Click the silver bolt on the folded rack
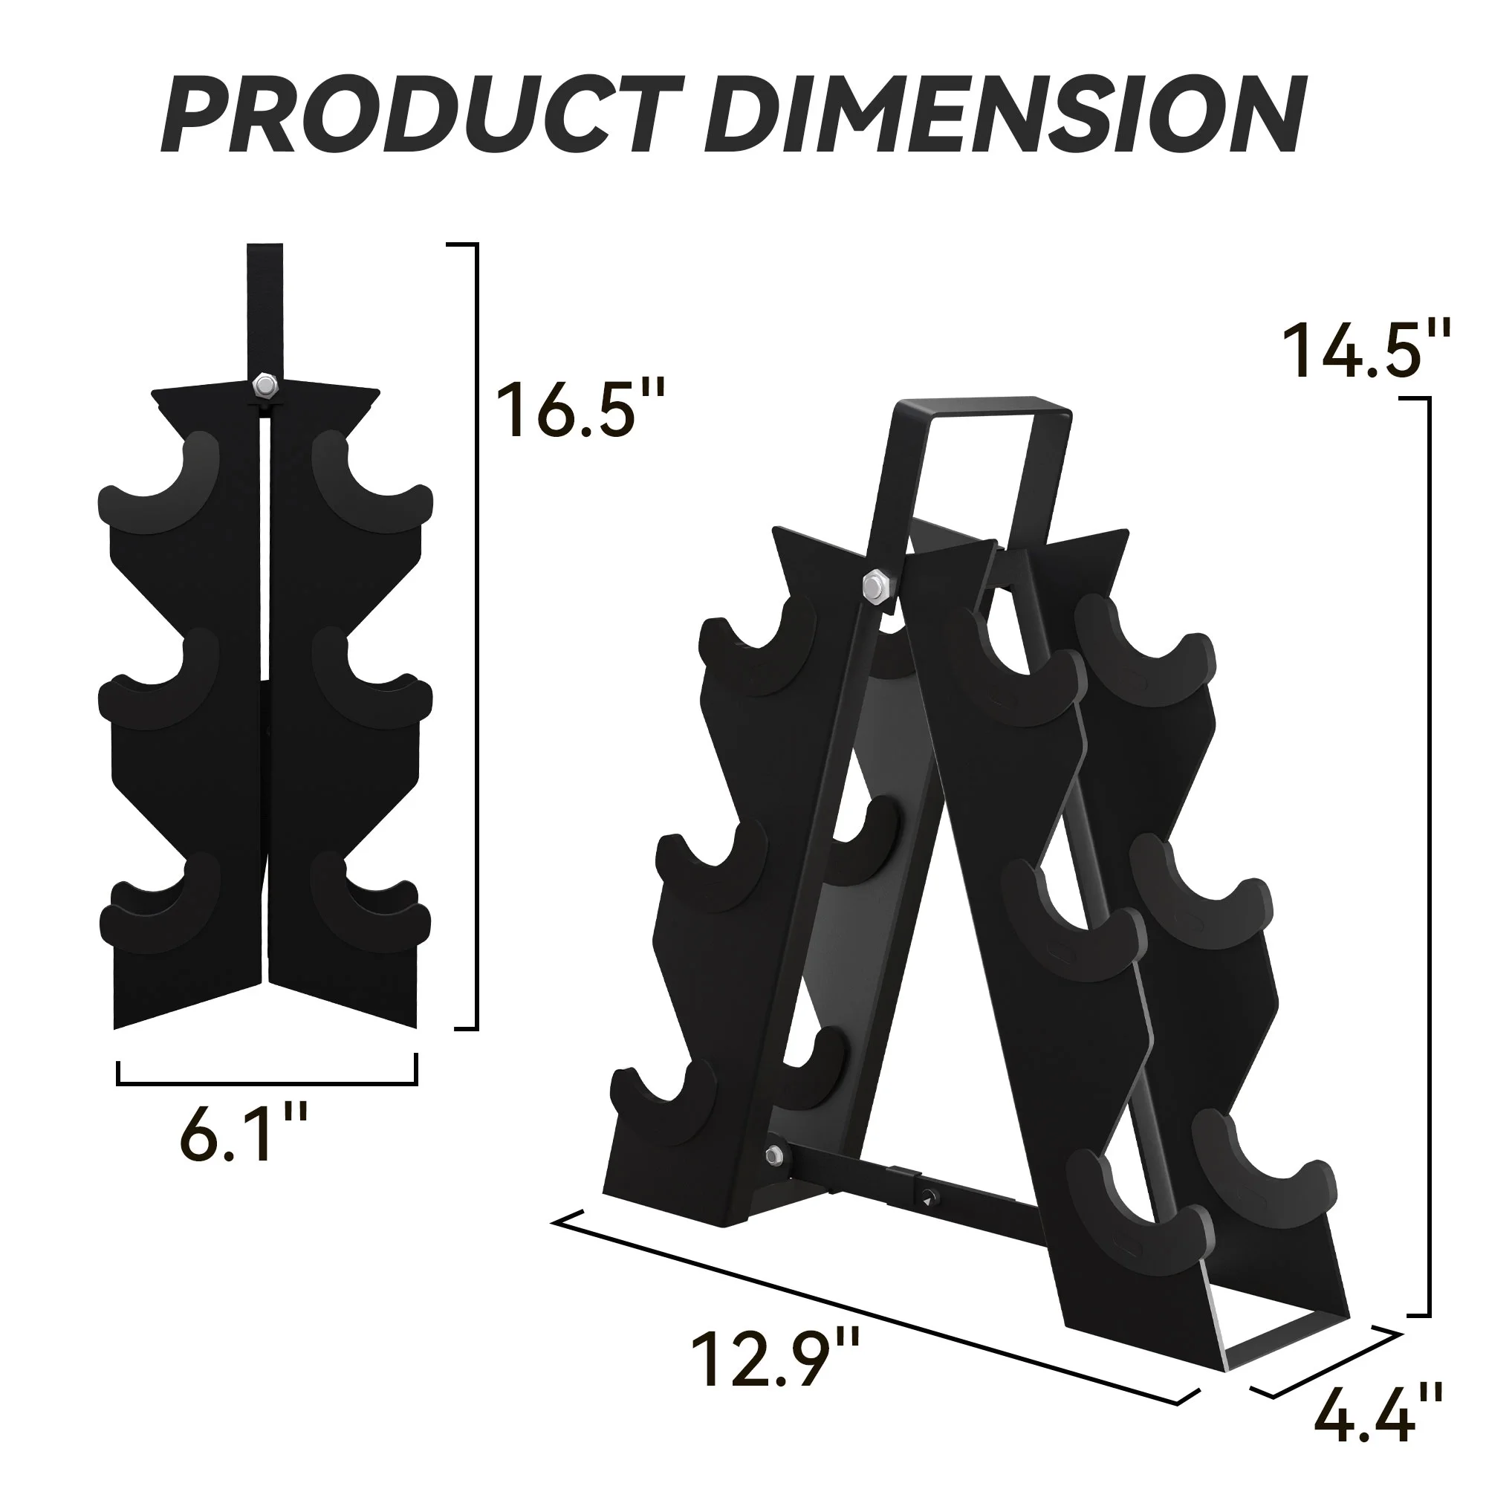click(x=264, y=386)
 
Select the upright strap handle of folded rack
click(x=264, y=308)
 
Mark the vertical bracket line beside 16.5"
click(x=476, y=638)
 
